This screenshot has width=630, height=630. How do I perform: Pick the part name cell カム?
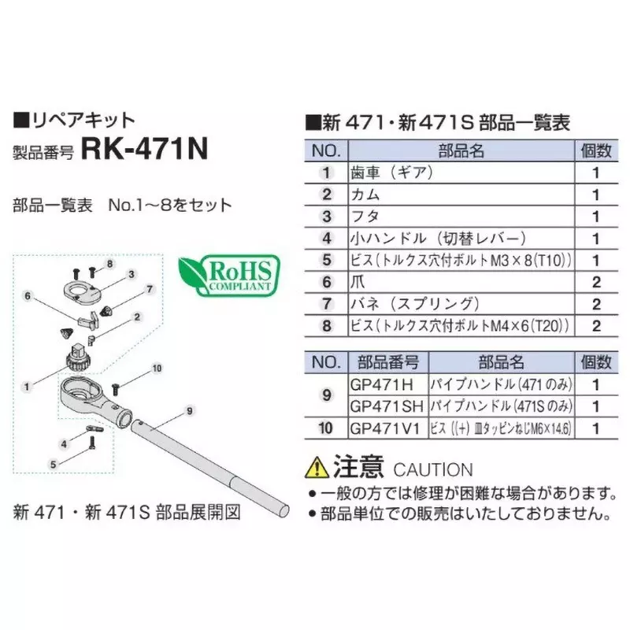point(366,194)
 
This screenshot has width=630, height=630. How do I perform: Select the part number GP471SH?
point(386,406)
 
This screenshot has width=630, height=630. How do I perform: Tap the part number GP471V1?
point(384,428)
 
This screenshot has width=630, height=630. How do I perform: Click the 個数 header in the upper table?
point(595,150)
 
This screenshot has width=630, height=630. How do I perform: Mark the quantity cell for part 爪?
point(595,281)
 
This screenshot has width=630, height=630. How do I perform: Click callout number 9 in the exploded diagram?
point(190,410)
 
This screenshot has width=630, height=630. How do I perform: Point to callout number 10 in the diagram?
point(156,368)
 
